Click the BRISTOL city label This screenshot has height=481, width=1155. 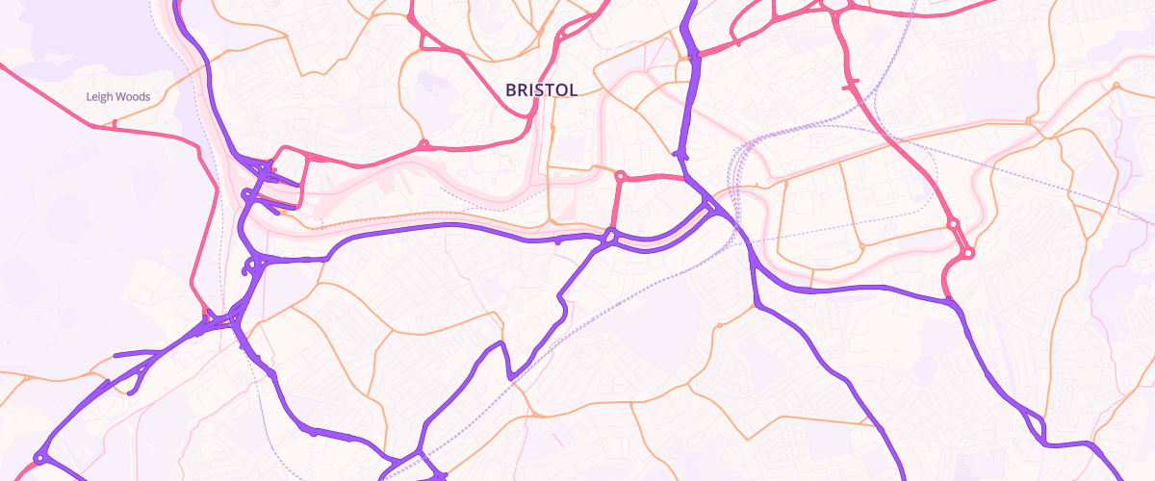pyautogui.click(x=541, y=89)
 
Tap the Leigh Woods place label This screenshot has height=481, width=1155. pyautogui.click(x=117, y=96)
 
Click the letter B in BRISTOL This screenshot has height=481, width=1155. pyautogui.click(x=511, y=89)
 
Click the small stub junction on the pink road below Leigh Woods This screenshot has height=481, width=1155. pyautogui.click(x=115, y=124)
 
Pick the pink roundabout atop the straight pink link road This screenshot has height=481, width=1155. pyautogui.click(x=621, y=176)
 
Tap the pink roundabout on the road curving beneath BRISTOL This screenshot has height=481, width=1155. pyautogui.click(x=423, y=146)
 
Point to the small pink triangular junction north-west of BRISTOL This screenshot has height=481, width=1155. pyautogui.click(x=422, y=38)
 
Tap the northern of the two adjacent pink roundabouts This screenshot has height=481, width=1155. pyautogui.click(x=953, y=224)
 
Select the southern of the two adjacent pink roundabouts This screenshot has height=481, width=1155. pyautogui.click(x=967, y=253)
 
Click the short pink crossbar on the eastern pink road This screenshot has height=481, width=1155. pyautogui.click(x=851, y=86)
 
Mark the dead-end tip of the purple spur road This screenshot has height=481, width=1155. pyautogui.click(x=115, y=356)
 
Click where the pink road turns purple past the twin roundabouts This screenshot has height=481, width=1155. pyautogui.click(x=953, y=304)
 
